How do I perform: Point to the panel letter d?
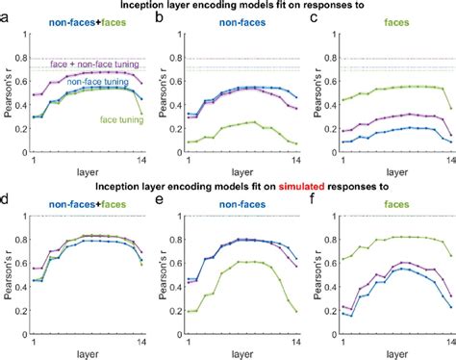click(x=7, y=205)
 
